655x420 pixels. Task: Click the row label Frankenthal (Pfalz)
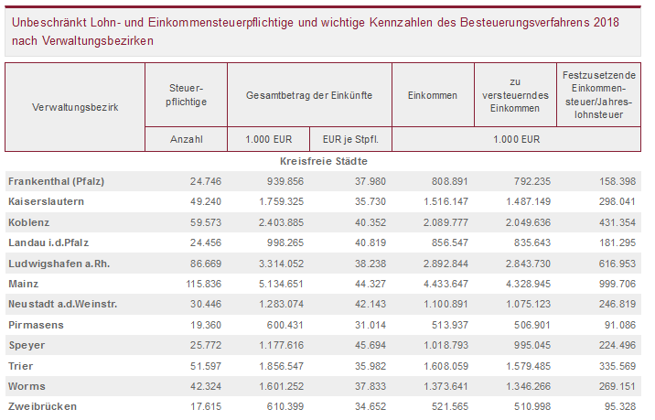tap(57, 181)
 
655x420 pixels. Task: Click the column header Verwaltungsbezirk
tap(74, 107)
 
